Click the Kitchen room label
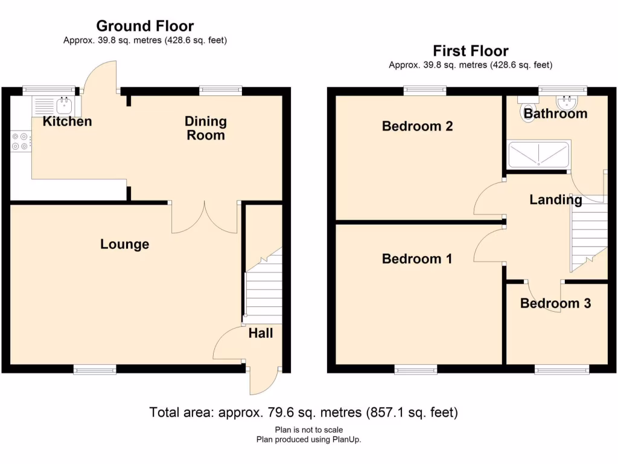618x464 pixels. point(67,121)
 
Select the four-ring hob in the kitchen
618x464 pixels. point(19,141)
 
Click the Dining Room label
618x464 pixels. point(205,128)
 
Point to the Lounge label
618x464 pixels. point(124,245)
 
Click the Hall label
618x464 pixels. point(260,333)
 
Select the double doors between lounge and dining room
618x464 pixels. point(205,219)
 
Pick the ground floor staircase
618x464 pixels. point(264,290)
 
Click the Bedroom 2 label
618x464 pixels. point(417,126)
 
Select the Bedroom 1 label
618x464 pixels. point(417,259)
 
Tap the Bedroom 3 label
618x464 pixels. point(555,304)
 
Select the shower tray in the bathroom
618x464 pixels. point(538,155)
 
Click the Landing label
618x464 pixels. point(556,200)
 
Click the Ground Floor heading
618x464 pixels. point(145,26)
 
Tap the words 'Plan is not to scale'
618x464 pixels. point(308,430)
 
